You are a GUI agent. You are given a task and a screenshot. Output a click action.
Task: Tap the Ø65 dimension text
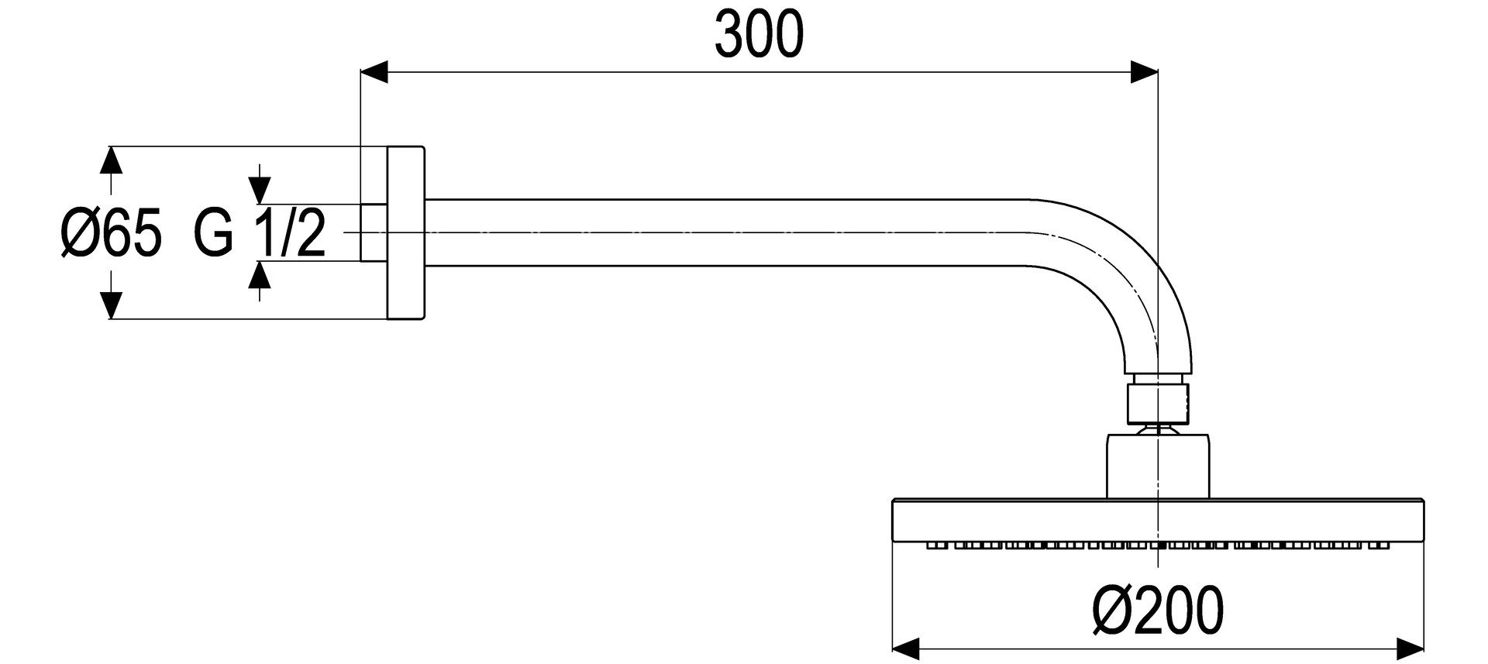pyautogui.click(x=112, y=233)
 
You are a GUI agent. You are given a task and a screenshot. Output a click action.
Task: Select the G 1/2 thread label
pyautogui.click(x=260, y=233)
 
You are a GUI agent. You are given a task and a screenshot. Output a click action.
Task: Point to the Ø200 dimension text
pyautogui.click(x=1159, y=610)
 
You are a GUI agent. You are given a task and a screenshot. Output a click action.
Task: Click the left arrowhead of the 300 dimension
pyautogui.click(x=374, y=72)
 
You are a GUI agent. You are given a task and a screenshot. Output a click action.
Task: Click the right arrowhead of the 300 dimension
pyautogui.click(x=1144, y=72)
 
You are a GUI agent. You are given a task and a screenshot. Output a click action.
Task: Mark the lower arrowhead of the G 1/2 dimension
pyautogui.click(x=260, y=276)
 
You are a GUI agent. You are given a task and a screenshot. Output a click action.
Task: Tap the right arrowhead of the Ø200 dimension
pyautogui.click(x=1410, y=648)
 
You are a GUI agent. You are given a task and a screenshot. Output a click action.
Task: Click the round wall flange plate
pyautogui.click(x=406, y=232)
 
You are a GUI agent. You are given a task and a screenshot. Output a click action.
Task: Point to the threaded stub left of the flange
pyautogui.click(x=374, y=232)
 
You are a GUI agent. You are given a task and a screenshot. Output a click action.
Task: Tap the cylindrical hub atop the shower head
pyautogui.click(x=1158, y=465)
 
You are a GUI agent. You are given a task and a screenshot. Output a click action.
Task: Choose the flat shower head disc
pyautogui.click(x=1158, y=519)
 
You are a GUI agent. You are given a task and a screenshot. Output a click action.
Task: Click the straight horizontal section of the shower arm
pyautogui.click(x=721, y=232)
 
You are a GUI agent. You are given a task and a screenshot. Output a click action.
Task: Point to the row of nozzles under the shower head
pyautogui.click(x=1158, y=545)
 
